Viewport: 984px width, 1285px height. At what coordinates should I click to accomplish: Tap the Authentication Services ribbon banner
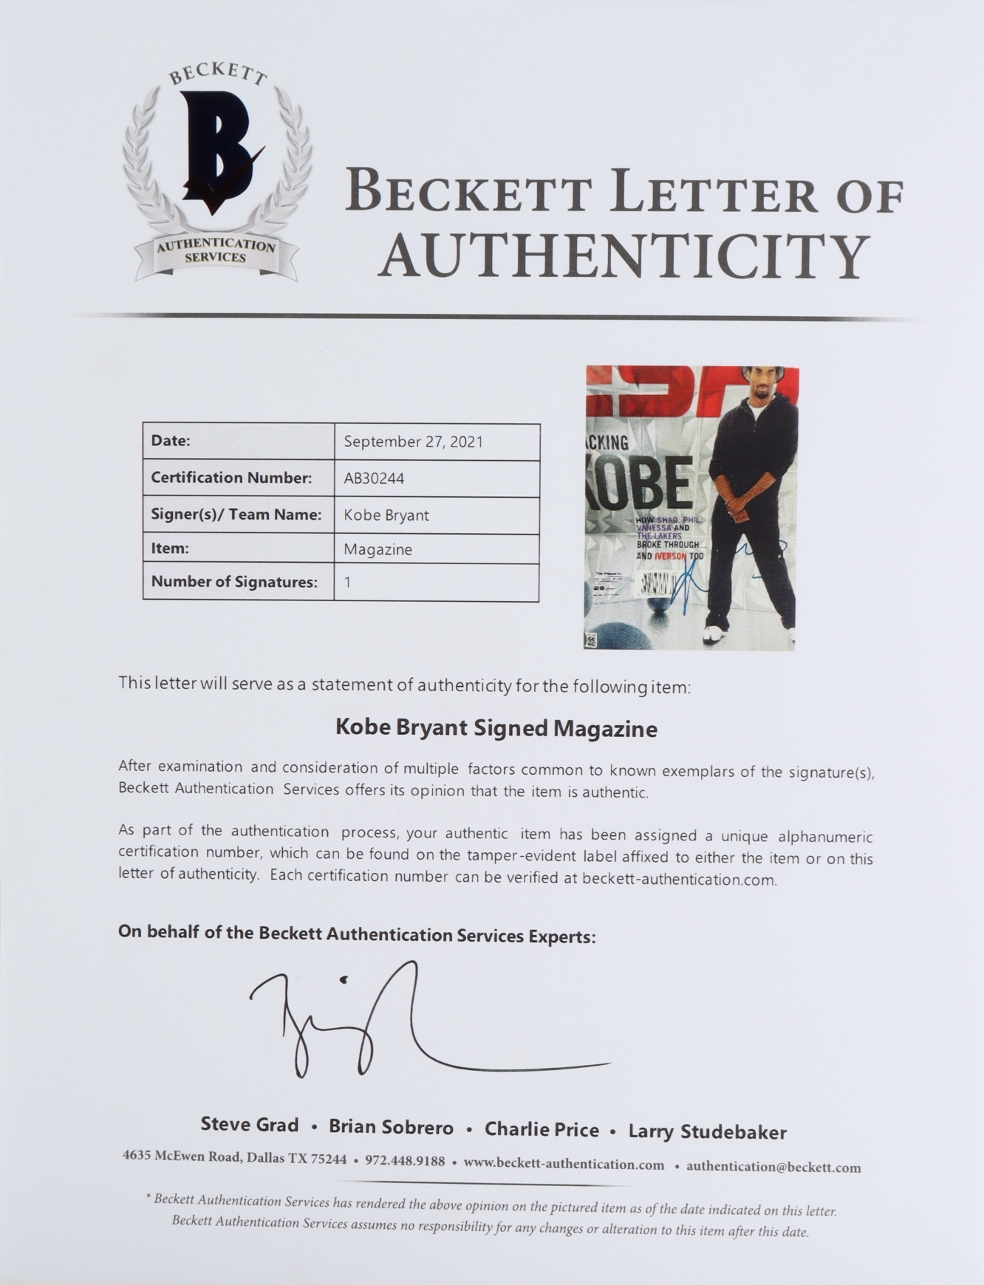(216, 252)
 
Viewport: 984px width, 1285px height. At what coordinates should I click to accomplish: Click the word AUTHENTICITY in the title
(624, 255)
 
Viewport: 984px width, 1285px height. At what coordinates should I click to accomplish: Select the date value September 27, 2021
(413, 442)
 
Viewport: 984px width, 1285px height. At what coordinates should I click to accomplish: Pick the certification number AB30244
(374, 479)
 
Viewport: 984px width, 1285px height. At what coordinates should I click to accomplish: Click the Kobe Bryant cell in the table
(386, 515)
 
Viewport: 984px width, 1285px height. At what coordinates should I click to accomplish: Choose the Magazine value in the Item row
(378, 549)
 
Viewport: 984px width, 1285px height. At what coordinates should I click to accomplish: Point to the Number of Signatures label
(234, 582)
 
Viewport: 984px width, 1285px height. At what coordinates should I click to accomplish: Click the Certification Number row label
(231, 478)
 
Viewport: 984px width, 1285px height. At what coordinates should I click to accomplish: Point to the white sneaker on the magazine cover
(713, 634)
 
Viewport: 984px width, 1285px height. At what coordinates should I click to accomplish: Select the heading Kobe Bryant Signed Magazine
(496, 728)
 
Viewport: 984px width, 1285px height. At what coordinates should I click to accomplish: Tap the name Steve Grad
(250, 1125)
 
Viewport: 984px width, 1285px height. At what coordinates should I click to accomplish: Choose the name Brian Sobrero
(391, 1127)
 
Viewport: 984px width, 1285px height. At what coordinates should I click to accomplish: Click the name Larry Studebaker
(707, 1131)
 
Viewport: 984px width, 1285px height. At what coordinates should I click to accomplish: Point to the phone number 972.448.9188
(405, 1161)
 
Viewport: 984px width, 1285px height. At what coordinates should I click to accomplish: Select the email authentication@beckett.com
(773, 1167)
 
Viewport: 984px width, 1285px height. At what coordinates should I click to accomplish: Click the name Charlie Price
(541, 1129)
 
